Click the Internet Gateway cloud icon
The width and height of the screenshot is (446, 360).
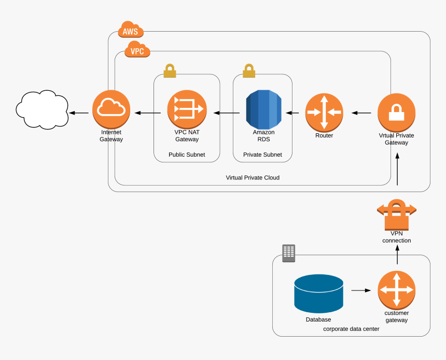pos(111,109)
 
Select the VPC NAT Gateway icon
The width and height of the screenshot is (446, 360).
pos(187,109)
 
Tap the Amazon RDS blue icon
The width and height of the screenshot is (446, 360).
pos(263,109)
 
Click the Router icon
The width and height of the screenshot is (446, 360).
pos(324,112)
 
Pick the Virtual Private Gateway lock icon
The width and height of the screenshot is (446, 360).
pos(396,112)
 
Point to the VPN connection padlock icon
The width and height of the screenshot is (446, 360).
pos(397,214)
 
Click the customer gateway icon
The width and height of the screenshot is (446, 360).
pos(396,289)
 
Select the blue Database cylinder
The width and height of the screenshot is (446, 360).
pos(318,293)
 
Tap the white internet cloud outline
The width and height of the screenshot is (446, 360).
pos(42,109)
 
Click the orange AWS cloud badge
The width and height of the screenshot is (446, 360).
pos(131,30)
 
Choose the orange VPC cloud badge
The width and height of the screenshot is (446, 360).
pos(137,50)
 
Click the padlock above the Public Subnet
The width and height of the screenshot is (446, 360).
pos(170,71)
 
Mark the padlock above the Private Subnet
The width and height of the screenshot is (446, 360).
pos(249,71)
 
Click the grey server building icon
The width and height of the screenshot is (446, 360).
pos(288,253)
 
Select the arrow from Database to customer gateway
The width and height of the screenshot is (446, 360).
pos(361,290)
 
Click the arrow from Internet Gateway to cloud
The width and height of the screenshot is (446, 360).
pos(79,113)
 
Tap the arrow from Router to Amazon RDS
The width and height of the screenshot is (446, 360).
pos(292,113)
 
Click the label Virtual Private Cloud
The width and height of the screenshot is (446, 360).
pos(253,177)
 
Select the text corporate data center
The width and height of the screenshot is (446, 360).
pos(351,329)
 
